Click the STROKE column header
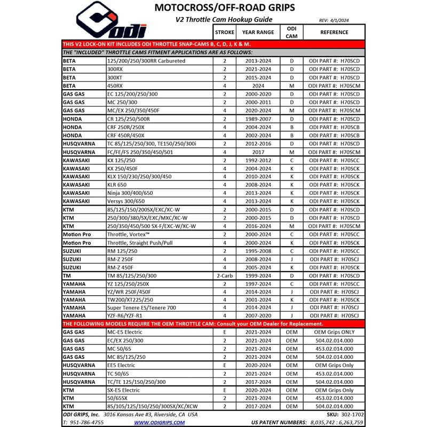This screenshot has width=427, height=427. (x=224, y=31)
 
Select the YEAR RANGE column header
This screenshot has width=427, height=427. (x=258, y=31)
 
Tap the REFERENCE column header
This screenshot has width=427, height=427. (x=334, y=31)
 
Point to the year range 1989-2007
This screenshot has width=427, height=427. (x=258, y=118)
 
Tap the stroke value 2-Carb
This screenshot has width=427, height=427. (x=224, y=275)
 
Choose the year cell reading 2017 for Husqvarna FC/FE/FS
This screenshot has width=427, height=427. (x=258, y=152)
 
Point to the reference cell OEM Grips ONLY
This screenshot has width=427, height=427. (x=334, y=332)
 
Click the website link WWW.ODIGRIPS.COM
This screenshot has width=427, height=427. (x=159, y=422)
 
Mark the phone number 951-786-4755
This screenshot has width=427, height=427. (x=86, y=422)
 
